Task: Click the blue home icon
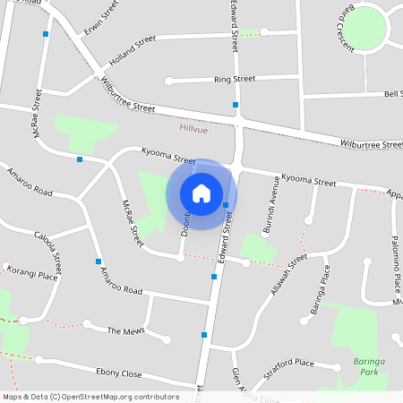[201, 193]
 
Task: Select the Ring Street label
[235, 79]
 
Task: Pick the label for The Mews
[125, 331]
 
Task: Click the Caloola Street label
[48, 254]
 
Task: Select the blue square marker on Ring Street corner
[236, 105]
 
